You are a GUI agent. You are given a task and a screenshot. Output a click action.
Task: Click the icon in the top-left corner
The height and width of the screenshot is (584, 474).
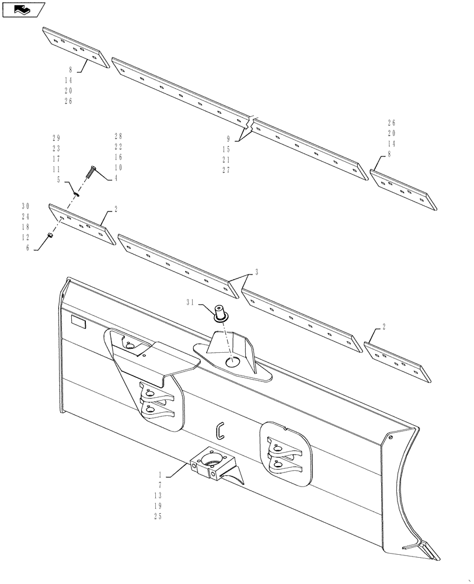(x=24, y=9)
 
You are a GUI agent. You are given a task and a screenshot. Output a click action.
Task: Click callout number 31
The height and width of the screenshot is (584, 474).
(x=190, y=303)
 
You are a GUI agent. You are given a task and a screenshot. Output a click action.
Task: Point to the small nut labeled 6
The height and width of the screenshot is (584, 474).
(x=50, y=235)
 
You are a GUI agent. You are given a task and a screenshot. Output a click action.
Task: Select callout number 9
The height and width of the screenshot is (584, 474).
(x=229, y=139)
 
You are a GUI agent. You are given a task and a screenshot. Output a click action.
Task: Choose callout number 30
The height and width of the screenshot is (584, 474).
(x=25, y=206)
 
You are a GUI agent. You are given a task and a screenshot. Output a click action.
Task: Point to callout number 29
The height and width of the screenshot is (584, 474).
(x=56, y=138)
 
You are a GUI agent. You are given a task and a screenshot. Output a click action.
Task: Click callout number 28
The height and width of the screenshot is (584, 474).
(x=118, y=136)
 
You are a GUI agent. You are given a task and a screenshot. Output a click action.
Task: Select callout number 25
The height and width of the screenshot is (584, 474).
(x=156, y=516)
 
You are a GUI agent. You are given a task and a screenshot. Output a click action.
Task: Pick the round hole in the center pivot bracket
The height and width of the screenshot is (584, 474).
(x=232, y=362)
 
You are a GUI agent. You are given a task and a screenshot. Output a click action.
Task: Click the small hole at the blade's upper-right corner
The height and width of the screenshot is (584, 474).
(x=391, y=437)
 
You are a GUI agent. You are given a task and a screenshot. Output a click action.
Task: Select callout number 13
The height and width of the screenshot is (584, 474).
(x=156, y=495)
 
